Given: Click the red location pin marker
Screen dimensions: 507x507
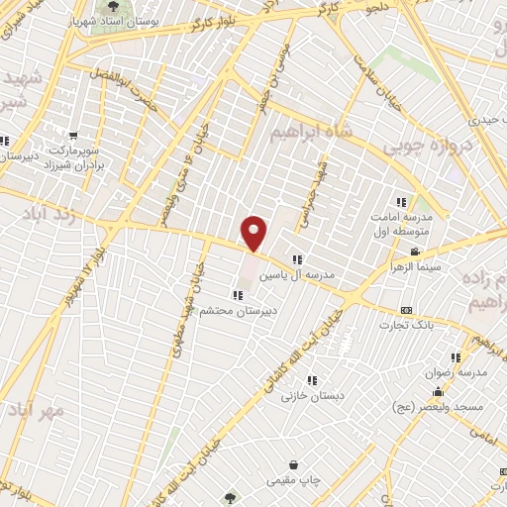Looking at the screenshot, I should (x=255, y=233).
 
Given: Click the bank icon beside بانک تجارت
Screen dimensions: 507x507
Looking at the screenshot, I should (x=406, y=310).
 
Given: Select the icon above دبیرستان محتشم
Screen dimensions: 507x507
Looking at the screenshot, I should (x=238, y=294).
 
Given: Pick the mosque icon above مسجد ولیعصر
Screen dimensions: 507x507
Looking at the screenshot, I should (x=437, y=391).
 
